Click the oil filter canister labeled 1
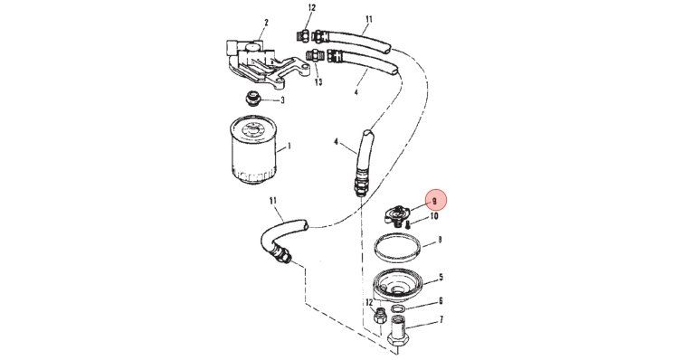(x=253, y=151)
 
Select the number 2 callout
(x=266, y=23)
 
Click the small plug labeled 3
(x=252, y=99)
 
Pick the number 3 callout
(x=282, y=100)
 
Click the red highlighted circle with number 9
(x=437, y=200)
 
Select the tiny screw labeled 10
(x=408, y=225)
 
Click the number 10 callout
(x=434, y=216)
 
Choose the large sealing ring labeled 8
(x=397, y=248)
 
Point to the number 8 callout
(x=440, y=240)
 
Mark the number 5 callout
(x=441, y=277)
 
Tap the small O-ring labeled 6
(x=398, y=308)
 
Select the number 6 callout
(x=441, y=301)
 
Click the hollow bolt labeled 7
(x=399, y=335)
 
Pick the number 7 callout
(x=441, y=320)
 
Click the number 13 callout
(x=318, y=81)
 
